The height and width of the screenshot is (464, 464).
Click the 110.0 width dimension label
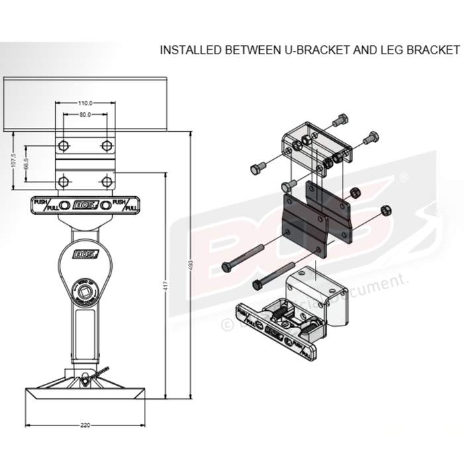point(85,103)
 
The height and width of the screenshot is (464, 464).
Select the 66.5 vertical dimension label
point(27,164)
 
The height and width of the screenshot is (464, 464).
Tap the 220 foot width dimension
point(85,424)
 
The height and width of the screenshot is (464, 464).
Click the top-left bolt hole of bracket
point(63,146)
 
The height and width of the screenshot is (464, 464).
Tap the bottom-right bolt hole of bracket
point(107,181)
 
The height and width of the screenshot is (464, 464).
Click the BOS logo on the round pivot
point(84,253)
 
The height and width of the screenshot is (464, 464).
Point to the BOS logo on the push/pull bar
point(84,205)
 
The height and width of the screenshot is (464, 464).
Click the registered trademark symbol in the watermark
point(404,178)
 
